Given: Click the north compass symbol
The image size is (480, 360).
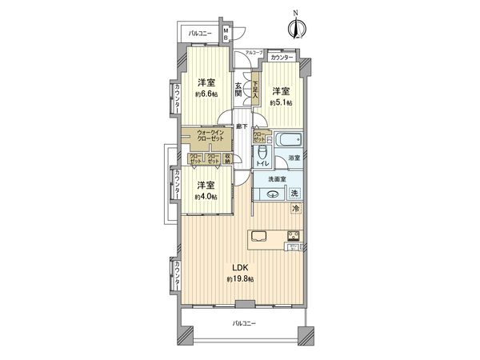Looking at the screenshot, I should [x=296, y=27].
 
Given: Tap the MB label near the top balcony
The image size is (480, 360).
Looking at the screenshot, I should [x=226, y=34].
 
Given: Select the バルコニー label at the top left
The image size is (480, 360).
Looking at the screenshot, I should [x=201, y=34].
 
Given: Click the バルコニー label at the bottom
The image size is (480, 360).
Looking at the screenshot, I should [x=244, y=323].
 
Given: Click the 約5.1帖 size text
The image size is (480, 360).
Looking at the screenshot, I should [x=280, y=102].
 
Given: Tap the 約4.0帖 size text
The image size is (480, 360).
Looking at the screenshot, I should [x=206, y=197].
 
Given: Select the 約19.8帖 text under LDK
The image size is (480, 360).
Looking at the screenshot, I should [x=239, y=278].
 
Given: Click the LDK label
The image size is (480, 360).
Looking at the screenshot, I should [x=239, y=266].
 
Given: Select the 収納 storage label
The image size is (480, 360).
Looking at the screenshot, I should [x=228, y=159].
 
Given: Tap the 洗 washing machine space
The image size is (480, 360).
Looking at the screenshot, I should [x=294, y=194].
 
